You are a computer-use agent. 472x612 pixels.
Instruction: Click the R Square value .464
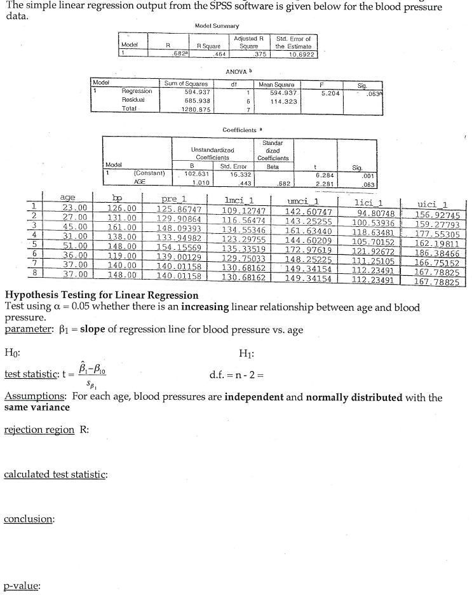pos(211,53)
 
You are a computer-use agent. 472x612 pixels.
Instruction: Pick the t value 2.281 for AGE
pos(308,180)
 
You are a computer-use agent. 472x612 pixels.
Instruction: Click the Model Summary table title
pos(217,25)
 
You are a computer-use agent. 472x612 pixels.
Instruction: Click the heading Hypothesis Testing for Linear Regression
pos(101,296)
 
